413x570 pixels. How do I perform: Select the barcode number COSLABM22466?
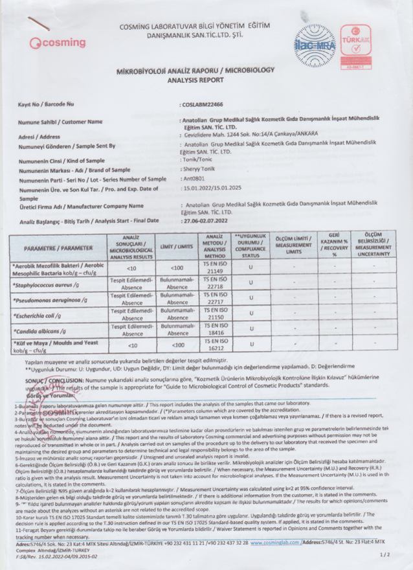point(202,104)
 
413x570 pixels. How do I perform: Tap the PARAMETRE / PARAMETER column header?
point(58,248)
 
